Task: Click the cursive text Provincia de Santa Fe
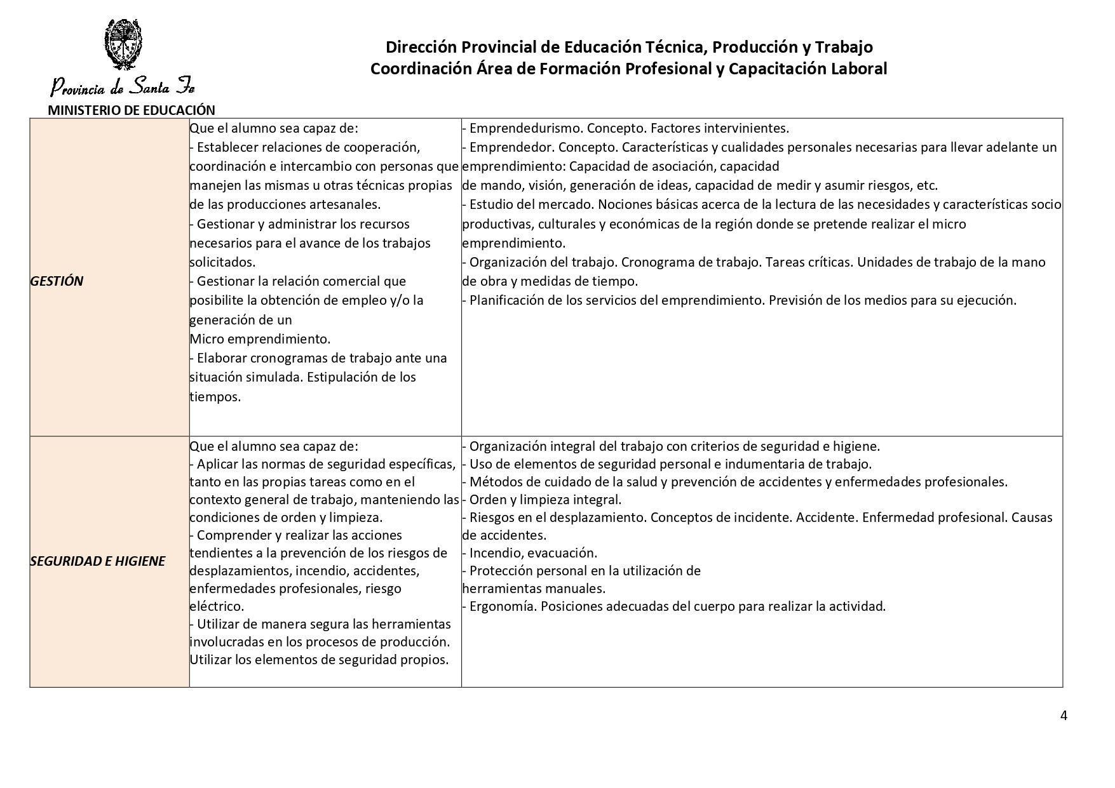[123, 86]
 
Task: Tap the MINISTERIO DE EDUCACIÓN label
[132, 110]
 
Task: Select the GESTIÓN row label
[57, 281]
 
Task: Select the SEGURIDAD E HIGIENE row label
[97, 561]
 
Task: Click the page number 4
[1064, 716]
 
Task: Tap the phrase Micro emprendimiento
[260, 339]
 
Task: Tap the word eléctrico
[217, 606]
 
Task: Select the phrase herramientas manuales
[534, 589]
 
